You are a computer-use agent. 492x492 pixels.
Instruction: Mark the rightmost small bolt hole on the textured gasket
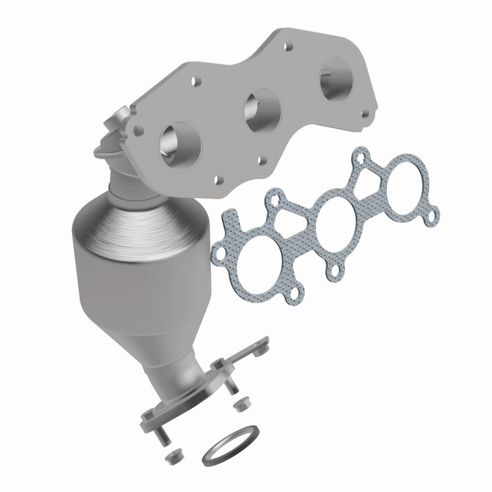click(x=434, y=216)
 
